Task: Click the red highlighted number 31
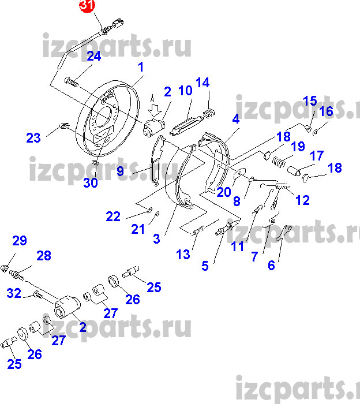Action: point(87,5)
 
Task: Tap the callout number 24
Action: point(93,56)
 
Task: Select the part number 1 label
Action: point(141,67)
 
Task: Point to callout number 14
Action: point(202,83)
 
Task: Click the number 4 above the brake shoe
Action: point(236,119)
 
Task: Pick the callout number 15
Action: point(310,100)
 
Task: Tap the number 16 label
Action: point(326,111)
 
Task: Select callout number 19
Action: point(298,147)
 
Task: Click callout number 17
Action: point(317,156)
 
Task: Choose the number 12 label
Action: point(302,200)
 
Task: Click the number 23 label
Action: point(33,138)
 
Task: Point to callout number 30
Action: point(91,183)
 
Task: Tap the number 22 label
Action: point(113,216)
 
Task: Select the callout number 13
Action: point(183,255)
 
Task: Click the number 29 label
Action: point(20,241)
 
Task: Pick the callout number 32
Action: point(14,293)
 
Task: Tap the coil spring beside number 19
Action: point(279,162)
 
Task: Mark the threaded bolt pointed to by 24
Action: point(72,82)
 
